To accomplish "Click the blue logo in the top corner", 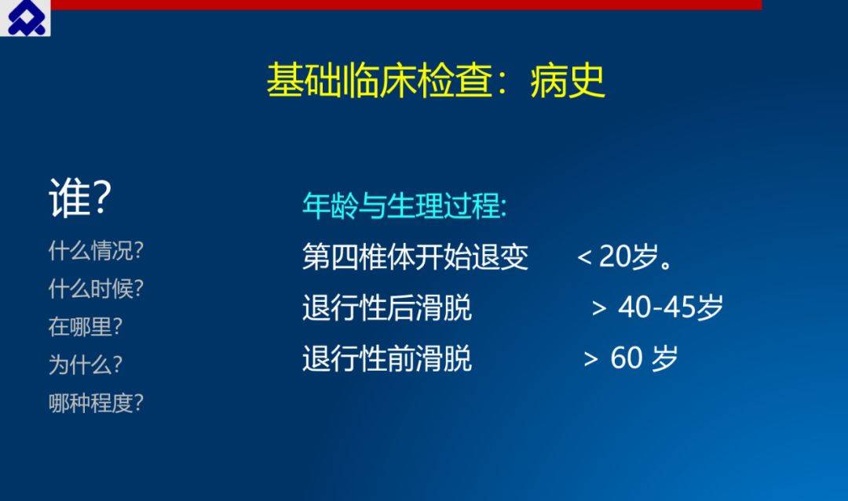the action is pyautogui.click(x=25, y=18).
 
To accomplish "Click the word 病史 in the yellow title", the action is pyautogui.click(x=568, y=81).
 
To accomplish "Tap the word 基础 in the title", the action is pyautogui.click(x=304, y=81).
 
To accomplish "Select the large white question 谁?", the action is pyautogui.click(x=80, y=198).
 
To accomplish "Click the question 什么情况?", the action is pyautogui.click(x=96, y=251).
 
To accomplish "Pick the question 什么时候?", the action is pyautogui.click(x=96, y=289).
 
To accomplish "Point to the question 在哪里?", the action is pyautogui.click(x=86, y=327).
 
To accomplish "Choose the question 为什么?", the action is pyautogui.click(x=86, y=365).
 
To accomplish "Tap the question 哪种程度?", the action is pyautogui.click(x=96, y=403).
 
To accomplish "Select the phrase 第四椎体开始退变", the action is pyautogui.click(x=415, y=256).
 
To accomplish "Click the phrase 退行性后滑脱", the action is pyautogui.click(x=387, y=307).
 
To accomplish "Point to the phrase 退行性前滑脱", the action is pyautogui.click(x=387, y=358).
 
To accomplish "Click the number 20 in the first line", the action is pyautogui.click(x=615, y=256).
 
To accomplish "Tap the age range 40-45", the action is pyautogui.click(x=656, y=307).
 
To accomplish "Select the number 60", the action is pyautogui.click(x=627, y=358).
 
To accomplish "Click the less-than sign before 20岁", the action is pyautogui.click(x=584, y=257).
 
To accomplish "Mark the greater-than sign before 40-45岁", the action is pyautogui.click(x=598, y=308).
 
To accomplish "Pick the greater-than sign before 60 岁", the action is pyautogui.click(x=590, y=359).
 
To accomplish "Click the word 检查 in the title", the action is pyautogui.click(x=455, y=81).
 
